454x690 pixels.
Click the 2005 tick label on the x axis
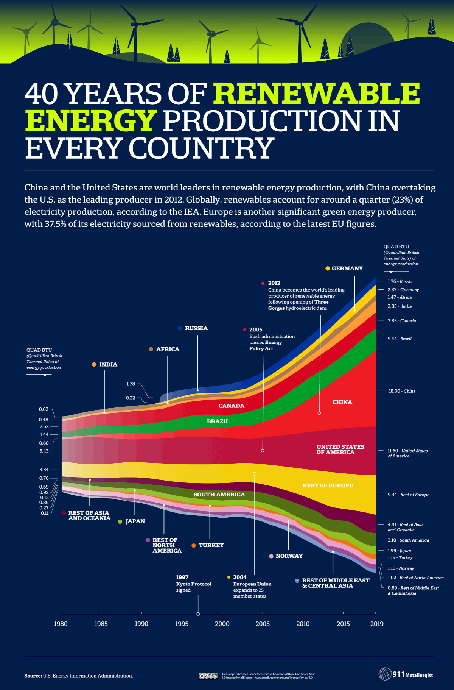[263, 624]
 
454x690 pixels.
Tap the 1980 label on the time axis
[61, 624]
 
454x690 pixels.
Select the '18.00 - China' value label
[402, 391]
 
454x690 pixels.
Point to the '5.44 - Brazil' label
[399, 339]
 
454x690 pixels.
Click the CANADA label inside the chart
[231, 406]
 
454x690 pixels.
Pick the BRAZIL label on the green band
[218, 421]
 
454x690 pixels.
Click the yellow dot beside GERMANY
[328, 269]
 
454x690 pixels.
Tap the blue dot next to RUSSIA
[180, 328]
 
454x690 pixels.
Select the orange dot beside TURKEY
[194, 545]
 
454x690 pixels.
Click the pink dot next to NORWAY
[271, 556]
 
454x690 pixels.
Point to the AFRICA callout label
[168, 349]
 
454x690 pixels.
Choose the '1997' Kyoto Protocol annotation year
[182, 577]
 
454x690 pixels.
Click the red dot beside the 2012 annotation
[263, 283]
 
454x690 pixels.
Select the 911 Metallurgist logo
[406, 674]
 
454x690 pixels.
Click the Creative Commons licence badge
[208, 676]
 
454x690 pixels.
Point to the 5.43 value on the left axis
[44, 451]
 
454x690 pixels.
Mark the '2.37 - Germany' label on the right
[403, 290]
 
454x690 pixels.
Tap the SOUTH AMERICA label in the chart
[219, 495]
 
